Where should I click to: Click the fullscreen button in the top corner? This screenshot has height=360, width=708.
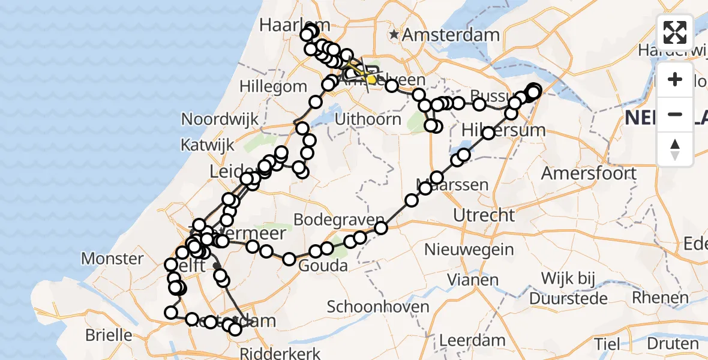coord(675,32)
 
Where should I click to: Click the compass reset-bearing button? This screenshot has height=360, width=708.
coord(675,149)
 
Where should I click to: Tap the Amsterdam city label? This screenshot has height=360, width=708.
coord(451,34)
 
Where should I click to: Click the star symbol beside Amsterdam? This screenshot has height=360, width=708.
coord(394,34)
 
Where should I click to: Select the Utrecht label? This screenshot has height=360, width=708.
coord(484,214)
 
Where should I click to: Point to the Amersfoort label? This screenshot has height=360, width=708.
coord(589,173)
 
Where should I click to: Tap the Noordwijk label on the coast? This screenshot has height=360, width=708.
coord(220,119)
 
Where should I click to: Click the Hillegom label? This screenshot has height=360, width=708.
coord(273,86)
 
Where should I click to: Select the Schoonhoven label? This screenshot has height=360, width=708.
coord(378,307)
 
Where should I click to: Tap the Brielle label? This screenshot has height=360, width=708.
coord(109,334)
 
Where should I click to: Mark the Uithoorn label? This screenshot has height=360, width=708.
coord(368,119)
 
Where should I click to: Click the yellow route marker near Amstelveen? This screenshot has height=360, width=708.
coord(371,79)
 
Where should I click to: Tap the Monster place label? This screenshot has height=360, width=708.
coord(112,259)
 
